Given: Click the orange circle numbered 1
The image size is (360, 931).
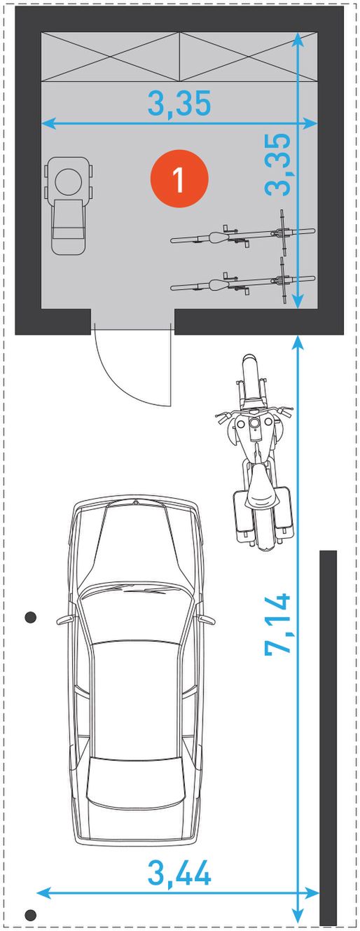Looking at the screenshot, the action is (179, 179).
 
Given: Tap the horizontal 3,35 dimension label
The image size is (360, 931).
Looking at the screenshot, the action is (179, 104).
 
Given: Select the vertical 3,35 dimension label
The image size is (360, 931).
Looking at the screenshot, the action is (277, 164).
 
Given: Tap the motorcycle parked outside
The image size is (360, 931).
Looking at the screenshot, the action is (254, 453).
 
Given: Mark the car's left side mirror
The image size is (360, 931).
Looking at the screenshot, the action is (65, 620).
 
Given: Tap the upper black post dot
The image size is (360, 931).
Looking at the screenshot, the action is (30, 617).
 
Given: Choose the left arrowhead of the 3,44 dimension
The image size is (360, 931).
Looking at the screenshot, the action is (43, 900).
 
